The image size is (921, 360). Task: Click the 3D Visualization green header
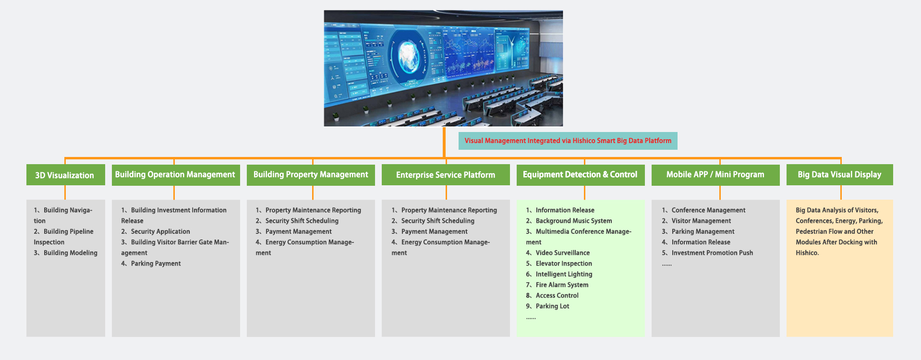65,175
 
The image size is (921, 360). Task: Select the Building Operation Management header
176,175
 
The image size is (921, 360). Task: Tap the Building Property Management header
311,175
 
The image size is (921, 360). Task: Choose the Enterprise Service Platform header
446,175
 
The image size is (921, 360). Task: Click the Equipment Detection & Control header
581,175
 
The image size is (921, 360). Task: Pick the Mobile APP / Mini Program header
715,175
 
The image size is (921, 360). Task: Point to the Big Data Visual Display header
839,175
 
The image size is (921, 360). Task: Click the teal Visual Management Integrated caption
568,141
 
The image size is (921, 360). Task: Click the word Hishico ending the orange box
807,253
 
